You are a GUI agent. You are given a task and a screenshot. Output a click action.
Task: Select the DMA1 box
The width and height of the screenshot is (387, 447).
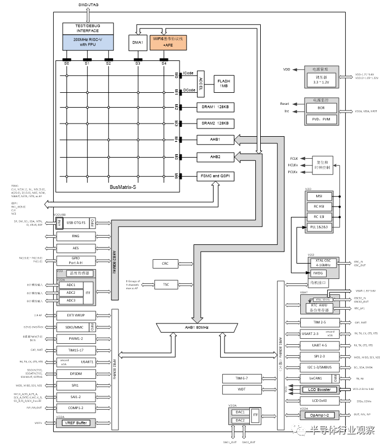138,42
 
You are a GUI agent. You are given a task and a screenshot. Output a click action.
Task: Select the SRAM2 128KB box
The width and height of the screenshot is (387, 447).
216,123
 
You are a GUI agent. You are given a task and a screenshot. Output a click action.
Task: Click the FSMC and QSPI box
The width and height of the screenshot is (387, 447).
216,176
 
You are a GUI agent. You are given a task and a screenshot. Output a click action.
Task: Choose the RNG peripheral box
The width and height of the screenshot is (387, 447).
76,236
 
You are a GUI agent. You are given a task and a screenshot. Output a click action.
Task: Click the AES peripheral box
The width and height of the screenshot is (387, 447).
76,248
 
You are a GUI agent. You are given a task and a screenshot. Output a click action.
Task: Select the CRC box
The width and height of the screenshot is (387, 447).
165,264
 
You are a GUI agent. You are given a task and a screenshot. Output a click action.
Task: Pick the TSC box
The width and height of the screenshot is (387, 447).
165,284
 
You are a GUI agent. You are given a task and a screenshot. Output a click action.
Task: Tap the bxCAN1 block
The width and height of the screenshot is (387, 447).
311,378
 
